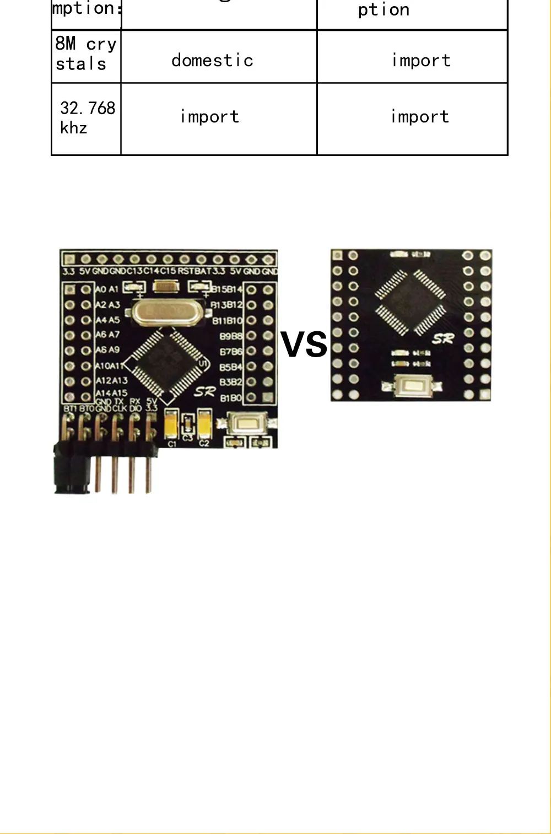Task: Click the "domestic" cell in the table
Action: [x=212, y=60]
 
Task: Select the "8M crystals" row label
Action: [x=85, y=54]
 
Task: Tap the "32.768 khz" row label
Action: [x=87, y=117]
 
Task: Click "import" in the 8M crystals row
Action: [x=421, y=60]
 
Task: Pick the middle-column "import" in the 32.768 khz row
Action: [x=209, y=117]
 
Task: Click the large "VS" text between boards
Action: [x=304, y=345]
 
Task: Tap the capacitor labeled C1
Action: [x=171, y=425]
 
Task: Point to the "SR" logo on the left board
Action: [x=205, y=392]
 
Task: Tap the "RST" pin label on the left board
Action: [x=186, y=271]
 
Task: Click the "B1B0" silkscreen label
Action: [x=231, y=397]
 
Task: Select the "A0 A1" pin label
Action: [x=107, y=289]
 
